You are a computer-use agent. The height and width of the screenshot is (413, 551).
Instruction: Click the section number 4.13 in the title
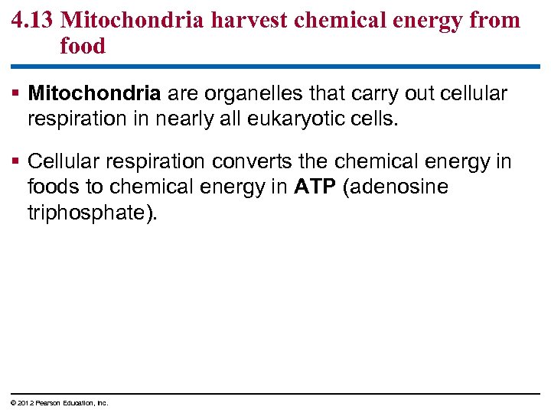click(33, 19)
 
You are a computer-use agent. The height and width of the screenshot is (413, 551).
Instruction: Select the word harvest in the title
click(249, 19)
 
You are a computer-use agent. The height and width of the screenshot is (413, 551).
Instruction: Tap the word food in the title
click(83, 46)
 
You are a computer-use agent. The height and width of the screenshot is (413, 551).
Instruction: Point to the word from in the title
click(491, 19)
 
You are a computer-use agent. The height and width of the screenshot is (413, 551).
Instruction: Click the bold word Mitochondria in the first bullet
click(94, 93)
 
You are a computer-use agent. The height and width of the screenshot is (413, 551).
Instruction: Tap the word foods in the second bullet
click(53, 187)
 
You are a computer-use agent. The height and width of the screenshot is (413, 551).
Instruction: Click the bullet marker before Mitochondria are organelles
click(18, 94)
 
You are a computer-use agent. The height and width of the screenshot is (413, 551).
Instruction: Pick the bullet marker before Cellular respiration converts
click(18, 161)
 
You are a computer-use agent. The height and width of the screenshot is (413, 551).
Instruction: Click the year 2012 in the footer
click(22, 403)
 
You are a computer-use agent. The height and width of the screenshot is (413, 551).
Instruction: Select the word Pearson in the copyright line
click(43, 403)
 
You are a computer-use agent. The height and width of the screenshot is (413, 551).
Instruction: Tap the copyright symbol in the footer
click(13, 403)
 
